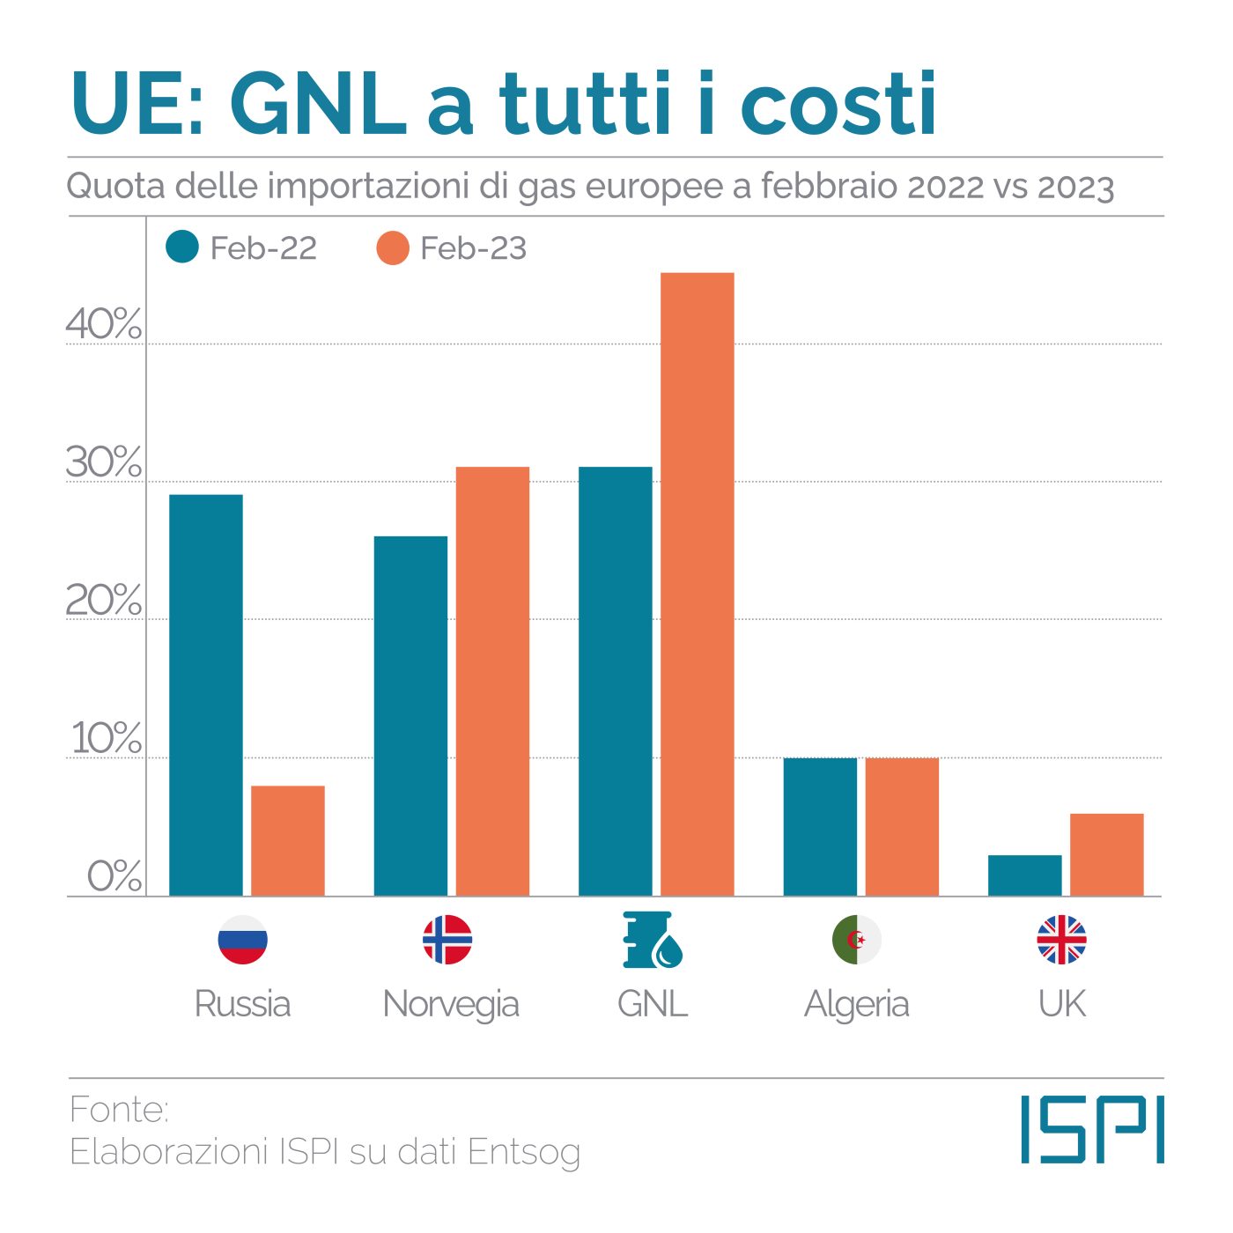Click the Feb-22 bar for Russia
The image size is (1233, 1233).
(205, 695)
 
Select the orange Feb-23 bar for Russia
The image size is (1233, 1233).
(287, 840)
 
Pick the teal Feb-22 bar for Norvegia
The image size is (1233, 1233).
(410, 715)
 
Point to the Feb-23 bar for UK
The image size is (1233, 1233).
(1106, 854)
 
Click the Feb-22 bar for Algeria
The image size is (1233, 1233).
(820, 826)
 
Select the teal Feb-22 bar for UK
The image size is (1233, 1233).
(1024, 875)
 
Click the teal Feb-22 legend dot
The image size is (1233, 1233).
(182, 247)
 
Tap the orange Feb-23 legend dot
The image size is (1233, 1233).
(392, 248)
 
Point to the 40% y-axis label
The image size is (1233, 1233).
(103, 324)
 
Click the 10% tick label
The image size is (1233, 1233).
(106, 738)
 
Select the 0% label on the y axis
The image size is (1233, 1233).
(114, 876)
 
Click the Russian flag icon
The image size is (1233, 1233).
(242, 939)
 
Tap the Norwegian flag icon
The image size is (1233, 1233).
(447, 939)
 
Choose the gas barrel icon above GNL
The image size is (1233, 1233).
(653, 940)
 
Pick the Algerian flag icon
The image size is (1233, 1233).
(856, 939)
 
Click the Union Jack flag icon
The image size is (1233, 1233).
(1061, 939)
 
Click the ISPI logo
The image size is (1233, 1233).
(1092, 1129)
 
